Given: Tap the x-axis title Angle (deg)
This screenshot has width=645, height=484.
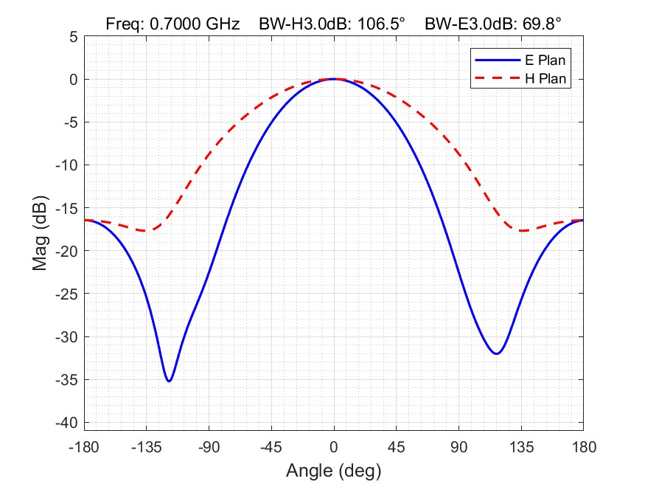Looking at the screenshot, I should click(x=334, y=470).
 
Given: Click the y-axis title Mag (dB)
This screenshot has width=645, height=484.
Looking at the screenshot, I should click(x=41, y=232).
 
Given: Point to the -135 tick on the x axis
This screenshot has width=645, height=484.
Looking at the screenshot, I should click(x=147, y=447).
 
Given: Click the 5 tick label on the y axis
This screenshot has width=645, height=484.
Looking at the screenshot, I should click(x=74, y=36).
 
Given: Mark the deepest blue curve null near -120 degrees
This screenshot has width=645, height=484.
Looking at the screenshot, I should click(x=170, y=381).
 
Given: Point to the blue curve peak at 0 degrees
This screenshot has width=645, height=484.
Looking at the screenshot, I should click(x=334, y=79).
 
